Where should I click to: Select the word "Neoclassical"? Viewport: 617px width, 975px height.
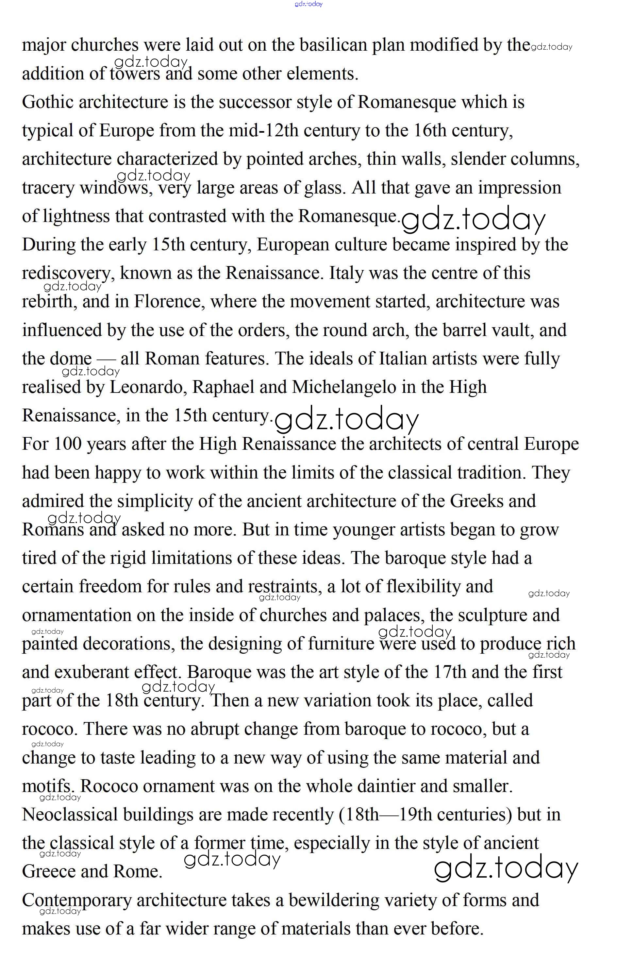click(70, 815)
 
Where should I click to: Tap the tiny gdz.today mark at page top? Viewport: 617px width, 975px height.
click(308, 4)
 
